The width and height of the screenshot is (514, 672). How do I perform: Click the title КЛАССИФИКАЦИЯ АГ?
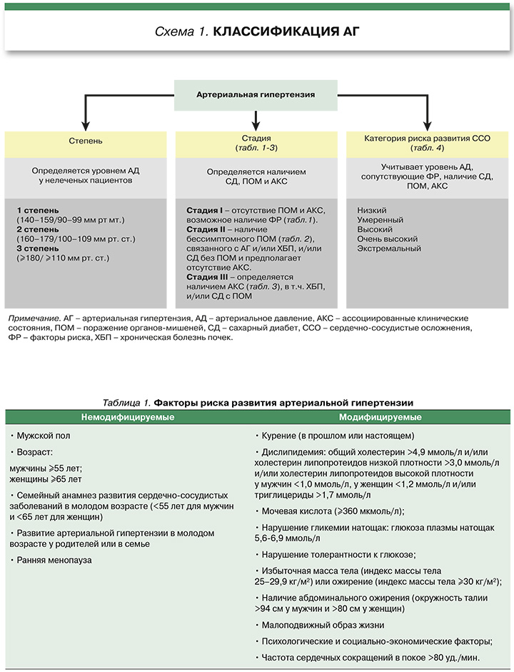pyautogui.click(x=286, y=33)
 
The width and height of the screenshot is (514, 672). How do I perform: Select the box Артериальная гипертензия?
pyautogui.click(x=256, y=94)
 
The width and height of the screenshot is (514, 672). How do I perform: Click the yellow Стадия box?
pyautogui.click(x=256, y=142)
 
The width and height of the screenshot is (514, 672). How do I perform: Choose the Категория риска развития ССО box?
pyautogui.click(x=427, y=142)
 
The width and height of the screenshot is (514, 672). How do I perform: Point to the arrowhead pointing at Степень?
pyautogui.click(x=86, y=124)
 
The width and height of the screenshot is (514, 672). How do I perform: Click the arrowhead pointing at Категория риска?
pyautogui.click(x=427, y=124)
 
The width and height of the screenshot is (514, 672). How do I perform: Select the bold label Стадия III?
pyautogui.click(x=208, y=276)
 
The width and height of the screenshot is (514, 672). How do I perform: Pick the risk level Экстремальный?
pyautogui.click(x=389, y=249)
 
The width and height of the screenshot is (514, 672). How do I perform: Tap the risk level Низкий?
pyautogui.click(x=372, y=211)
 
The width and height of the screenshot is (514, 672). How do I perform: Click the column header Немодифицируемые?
pyautogui.click(x=128, y=417)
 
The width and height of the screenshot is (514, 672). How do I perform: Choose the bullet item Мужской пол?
pyautogui.click(x=42, y=435)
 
